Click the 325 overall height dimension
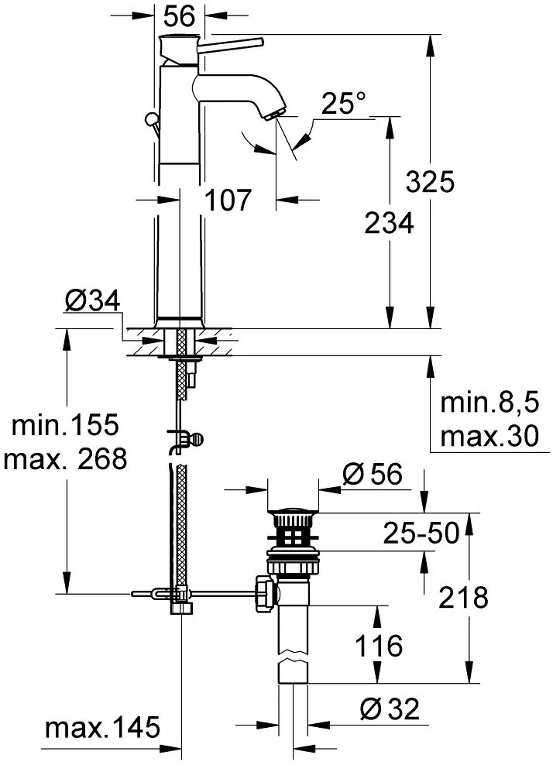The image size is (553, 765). pos(430,181)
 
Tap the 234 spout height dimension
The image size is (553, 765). pos(389,223)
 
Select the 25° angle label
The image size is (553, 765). pos(343,103)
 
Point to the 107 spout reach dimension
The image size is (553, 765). pos(228,200)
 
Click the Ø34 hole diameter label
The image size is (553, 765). pos(92,300)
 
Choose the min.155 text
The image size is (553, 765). pos(65,424)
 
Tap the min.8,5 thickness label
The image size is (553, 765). pos(489,403)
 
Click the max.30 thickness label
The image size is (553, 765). pos(489,436)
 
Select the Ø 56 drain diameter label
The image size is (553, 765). pos(373,474)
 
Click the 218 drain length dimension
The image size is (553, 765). pos(463,597)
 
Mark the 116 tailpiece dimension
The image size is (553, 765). pos(379,646)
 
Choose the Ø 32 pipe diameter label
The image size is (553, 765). pos(390,709)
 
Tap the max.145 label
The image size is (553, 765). pos(102,727)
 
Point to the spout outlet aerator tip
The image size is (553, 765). pos(273,115)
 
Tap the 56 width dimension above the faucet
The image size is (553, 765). pos(179,16)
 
